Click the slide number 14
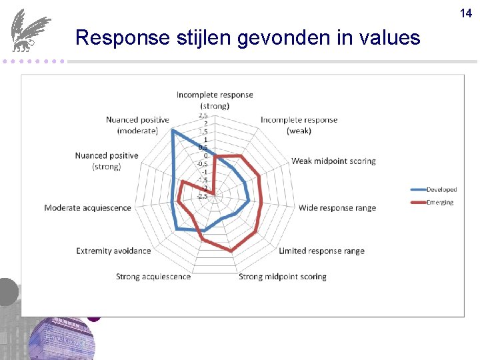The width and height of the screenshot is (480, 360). click(466, 13)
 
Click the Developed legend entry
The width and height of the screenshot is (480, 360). click(441, 190)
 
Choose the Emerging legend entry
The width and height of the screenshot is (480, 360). click(440, 202)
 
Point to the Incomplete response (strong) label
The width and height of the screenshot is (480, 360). click(215, 100)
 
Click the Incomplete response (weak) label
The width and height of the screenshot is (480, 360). click(299, 125)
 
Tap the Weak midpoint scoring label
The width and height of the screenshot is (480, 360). click(333, 161)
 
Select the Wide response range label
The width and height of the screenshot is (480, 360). click(337, 208)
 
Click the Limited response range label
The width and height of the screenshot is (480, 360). click(321, 251)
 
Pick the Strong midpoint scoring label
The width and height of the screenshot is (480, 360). click(283, 277)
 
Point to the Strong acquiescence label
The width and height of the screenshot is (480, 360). click(153, 277)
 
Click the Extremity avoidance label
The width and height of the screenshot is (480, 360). click(113, 251)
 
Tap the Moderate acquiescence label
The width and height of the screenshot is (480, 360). click(88, 208)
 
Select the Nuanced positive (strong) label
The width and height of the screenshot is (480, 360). click(107, 161)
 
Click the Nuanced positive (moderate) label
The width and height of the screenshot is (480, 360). click(137, 125)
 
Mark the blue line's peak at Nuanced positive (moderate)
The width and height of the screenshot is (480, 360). click(173, 131)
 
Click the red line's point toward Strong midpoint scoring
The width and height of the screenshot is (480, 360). click(231, 251)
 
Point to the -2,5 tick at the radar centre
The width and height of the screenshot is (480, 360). click(201, 196)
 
